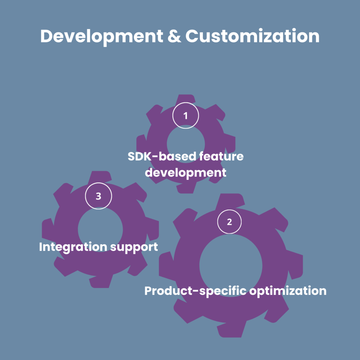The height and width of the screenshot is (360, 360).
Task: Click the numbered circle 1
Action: (x=186, y=115)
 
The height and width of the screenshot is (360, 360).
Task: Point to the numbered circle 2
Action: (x=230, y=221)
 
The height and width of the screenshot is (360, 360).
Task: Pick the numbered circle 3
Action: (x=98, y=196)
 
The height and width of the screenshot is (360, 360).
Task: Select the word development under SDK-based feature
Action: (x=186, y=173)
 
